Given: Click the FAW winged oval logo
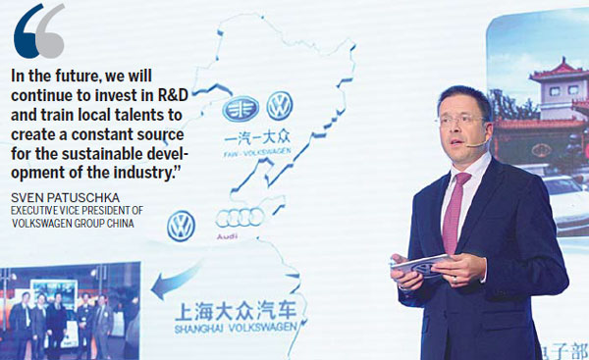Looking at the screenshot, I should tap(239, 107).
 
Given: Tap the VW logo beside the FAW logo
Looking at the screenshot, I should tap(281, 106).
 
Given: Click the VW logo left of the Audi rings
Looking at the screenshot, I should tap(181, 226).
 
